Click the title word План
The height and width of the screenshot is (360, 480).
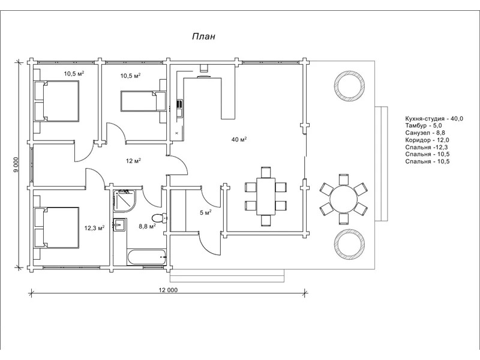click(203, 37)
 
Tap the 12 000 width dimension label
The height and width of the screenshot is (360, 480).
click(168, 290)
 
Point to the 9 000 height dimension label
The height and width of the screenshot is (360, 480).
click(16, 164)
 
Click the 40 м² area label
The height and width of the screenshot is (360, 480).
click(239, 139)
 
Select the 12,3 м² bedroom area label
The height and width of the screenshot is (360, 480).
click(95, 228)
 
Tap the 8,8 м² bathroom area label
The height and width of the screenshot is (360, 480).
click(147, 227)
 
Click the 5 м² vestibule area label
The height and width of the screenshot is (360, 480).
click(205, 212)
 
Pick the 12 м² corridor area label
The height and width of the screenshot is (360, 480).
click(133, 161)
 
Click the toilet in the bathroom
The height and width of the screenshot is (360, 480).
click(158, 217)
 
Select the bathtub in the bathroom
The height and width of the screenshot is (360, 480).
click(147, 257)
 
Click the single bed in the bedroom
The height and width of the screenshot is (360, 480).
click(143, 101)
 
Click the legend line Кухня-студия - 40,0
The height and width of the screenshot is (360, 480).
click(434, 119)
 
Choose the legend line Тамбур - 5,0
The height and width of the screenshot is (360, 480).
click(425, 127)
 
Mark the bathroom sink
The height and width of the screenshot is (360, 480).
click(119, 225)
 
